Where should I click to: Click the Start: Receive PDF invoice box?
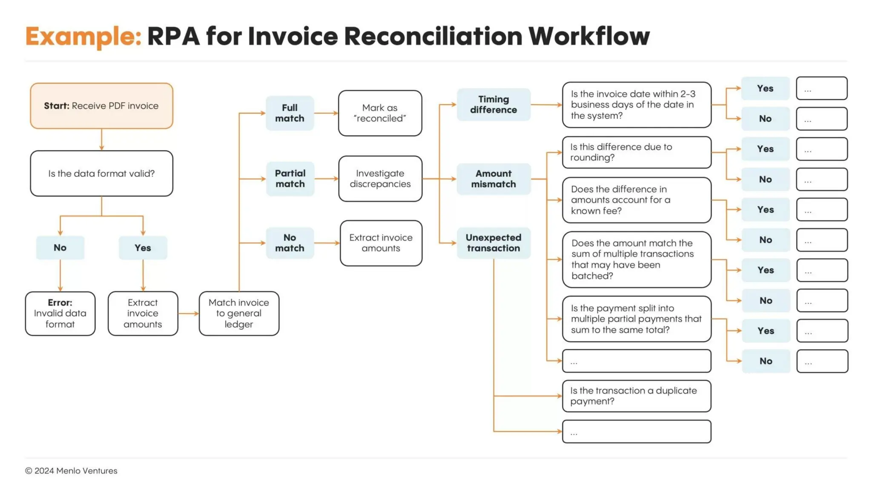click(x=101, y=106)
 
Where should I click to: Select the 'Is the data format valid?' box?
click(x=101, y=174)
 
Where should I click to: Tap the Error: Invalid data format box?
click(x=60, y=313)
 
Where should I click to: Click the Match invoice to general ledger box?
click(x=239, y=313)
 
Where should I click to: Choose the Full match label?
click(x=290, y=113)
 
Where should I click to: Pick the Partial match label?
click(x=290, y=179)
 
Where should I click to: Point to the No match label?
click(x=290, y=243)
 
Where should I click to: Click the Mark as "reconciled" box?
click(x=380, y=113)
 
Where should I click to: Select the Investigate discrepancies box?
click(x=380, y=179)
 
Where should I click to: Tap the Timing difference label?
click(x=493, y=105)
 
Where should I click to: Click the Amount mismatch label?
click(x=493, y=179)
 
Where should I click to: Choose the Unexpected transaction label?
click(x=493, y=243)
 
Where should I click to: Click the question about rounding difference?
click(x=637, y=152)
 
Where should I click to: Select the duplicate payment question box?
click(x=637, y=396)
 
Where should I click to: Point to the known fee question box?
click(x=637, y=200)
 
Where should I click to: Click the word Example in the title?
click(x=83, y=36)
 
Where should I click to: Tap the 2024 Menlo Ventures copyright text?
click(x=71, y=471)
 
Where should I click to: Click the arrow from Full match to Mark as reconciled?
click(x=326, y=113)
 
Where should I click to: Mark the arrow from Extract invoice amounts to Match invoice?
click(x=188, y=313)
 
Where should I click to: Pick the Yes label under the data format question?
click(x=143, y=248)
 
